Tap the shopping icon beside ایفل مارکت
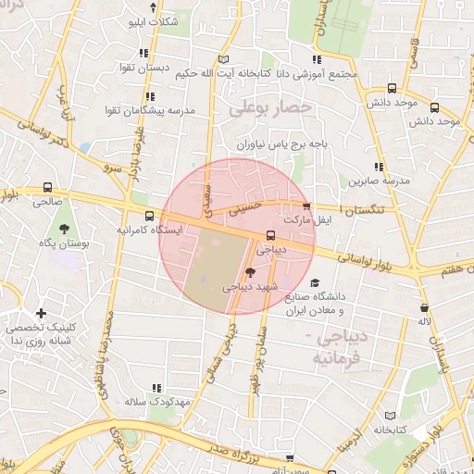click(306, 206)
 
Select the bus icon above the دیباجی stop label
click(269, 235)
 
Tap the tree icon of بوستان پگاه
click(64, 227)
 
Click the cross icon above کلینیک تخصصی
click(40, 314)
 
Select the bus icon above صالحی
click(48, 186)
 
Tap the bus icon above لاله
click(424, 307)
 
